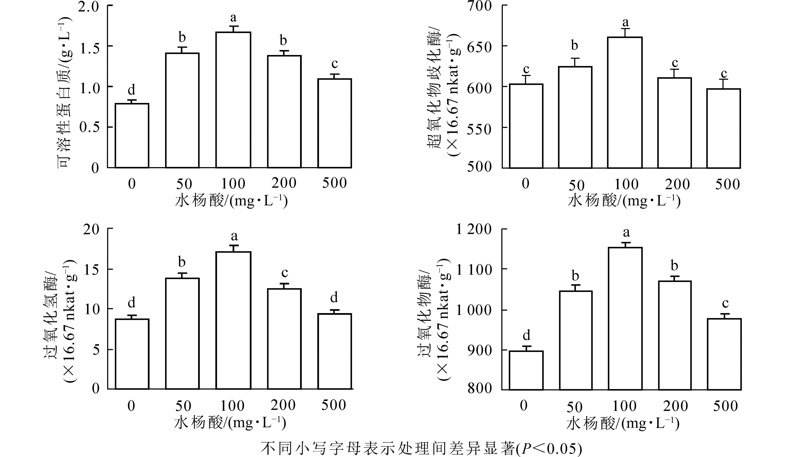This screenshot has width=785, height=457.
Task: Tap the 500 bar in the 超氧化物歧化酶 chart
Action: pyautogui.click(x=723, y=128)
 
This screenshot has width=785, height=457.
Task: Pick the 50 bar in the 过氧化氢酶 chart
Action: pyautogui.click(x=182, y=333)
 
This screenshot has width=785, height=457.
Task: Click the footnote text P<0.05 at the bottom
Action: pyautogui.click(x=548, y=448)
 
